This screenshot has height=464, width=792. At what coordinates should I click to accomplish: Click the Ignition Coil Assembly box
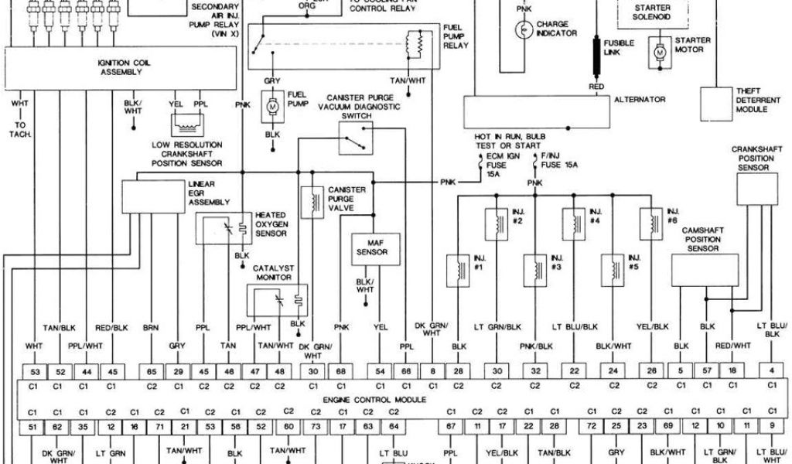(120, 67)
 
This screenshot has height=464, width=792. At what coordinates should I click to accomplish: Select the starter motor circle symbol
(660, 52)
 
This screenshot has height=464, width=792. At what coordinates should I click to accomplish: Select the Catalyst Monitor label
(274, 272)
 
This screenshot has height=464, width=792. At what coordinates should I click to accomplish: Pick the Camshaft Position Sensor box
(703, 270)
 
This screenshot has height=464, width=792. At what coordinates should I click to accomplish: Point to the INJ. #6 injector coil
(648, 223)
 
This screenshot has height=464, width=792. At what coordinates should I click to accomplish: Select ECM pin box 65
(152, 370)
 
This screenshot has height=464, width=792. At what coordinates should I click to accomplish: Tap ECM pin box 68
(341, 370)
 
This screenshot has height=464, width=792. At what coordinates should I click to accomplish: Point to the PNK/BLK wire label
(536, 346)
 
